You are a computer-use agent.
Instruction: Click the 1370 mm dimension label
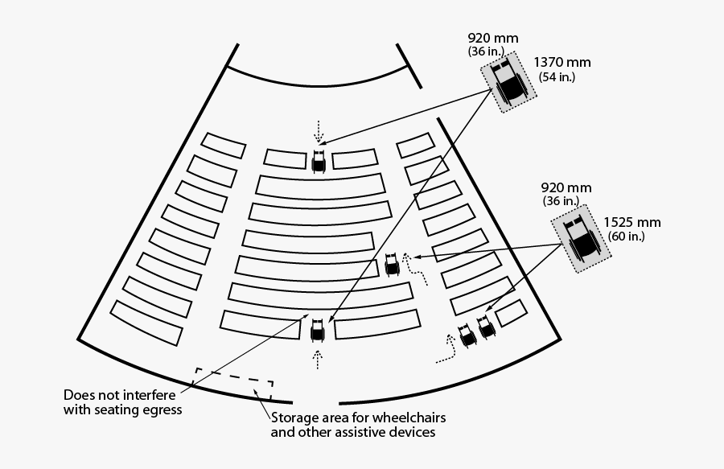(562, 63)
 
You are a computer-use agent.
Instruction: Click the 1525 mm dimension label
(632, 223)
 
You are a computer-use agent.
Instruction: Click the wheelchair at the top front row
(319, 161)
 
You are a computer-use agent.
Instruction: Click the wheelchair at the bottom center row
(318, 328)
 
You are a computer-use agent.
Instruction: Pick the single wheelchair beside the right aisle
(392, 264)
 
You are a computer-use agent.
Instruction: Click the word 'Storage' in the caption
(293, 418)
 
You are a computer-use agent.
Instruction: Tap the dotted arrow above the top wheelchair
(319, 131)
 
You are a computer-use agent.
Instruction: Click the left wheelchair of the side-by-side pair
(466, 335)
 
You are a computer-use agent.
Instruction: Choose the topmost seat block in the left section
(223, 145)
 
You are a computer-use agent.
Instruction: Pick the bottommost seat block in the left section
(147, 323)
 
